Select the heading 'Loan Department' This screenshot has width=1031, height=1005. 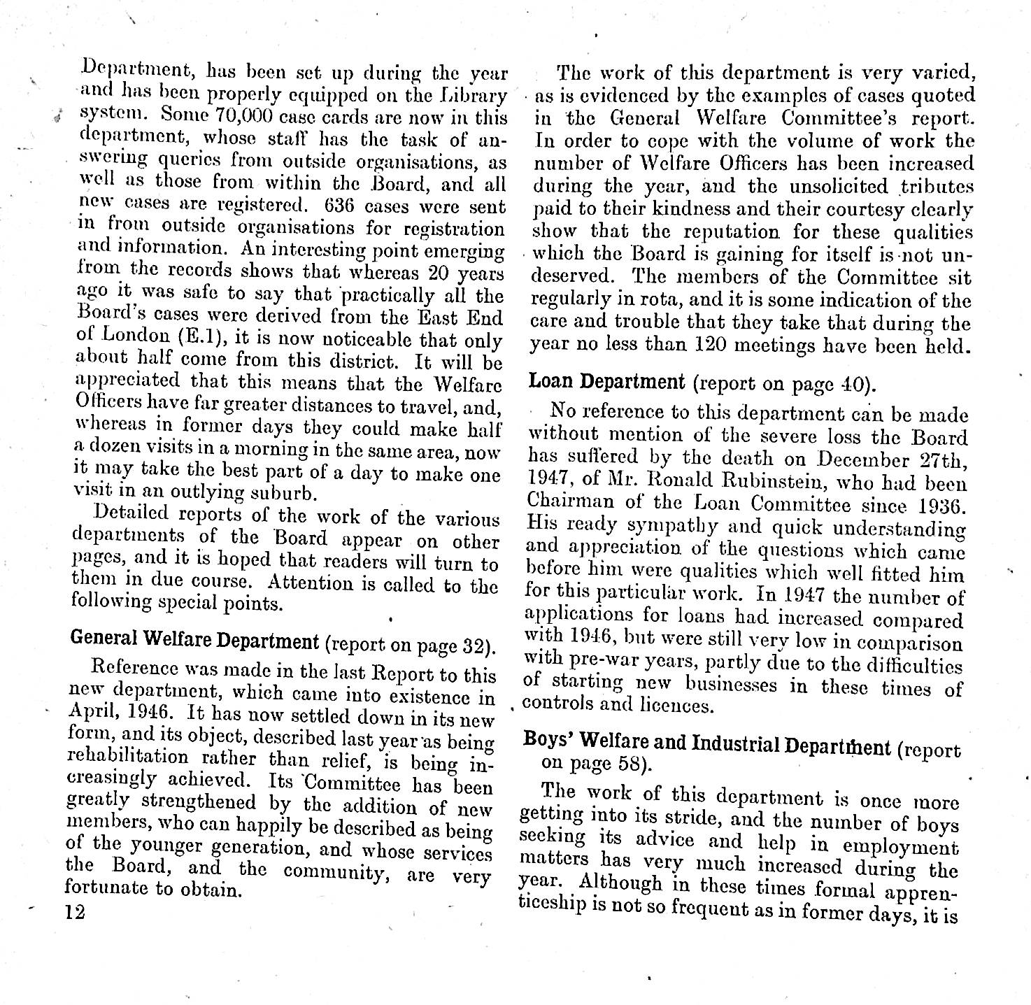point(606,382)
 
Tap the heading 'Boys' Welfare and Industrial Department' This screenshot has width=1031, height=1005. point(706,743)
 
